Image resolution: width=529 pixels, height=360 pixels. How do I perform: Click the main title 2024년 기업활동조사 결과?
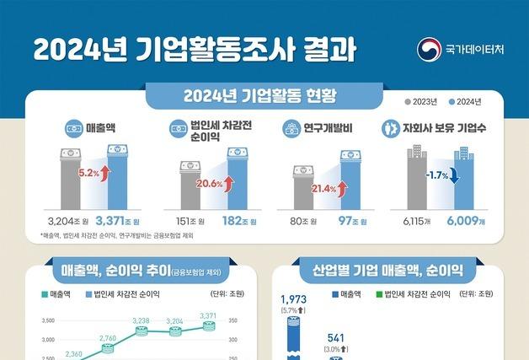pos(194,48)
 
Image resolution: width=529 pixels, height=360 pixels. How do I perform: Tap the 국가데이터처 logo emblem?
pos(430,49)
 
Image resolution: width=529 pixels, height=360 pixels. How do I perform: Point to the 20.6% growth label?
pos(208,183)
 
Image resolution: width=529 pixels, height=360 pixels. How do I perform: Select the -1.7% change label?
pos(435,176)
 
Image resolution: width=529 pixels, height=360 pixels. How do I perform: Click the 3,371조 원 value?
pos(117,221)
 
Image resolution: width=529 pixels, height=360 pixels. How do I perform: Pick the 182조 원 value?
pos(234,221)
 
